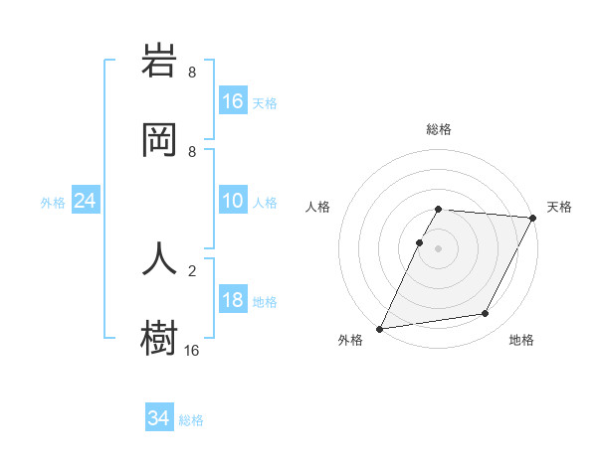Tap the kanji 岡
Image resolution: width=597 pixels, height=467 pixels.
coord(160,140)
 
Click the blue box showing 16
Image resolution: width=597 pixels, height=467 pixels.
coord(233,100)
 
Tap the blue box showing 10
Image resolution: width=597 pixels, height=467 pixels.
coord(233,201)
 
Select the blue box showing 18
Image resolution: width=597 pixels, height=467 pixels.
coord(233,300)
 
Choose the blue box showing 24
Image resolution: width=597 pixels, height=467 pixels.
coord(86,201)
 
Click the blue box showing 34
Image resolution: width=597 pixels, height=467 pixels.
coord(159,418)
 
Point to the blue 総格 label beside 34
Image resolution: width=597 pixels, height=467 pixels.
coord(192,420)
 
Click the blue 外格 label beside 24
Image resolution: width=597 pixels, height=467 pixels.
coord(53,203)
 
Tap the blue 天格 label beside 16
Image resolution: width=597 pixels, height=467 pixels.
coord(265,102)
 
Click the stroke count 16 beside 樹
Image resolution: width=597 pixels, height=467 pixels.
coord(192,350)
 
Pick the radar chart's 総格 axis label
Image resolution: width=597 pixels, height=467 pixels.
coord(439,129)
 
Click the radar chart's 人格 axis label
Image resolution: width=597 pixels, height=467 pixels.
coord(317,208)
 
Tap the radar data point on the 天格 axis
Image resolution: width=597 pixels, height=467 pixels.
coord(534,218)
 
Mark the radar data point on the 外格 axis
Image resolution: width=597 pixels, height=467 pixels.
coord(379,329)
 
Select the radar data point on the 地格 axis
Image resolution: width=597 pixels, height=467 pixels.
coord(486,314)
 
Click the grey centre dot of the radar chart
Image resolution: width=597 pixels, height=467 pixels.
coord(439,248)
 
